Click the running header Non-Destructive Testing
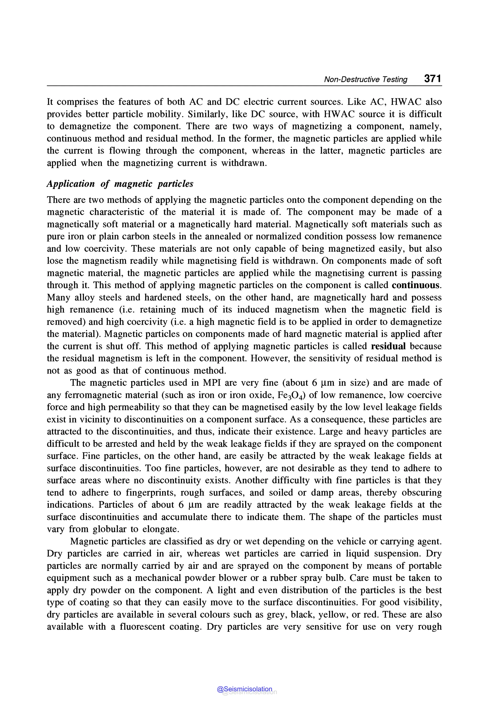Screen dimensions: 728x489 tap(366, 79)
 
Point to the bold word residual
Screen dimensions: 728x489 tap(388, 346)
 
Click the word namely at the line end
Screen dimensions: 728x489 tap(425, 127)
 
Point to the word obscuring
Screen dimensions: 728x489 tap(421, 493)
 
